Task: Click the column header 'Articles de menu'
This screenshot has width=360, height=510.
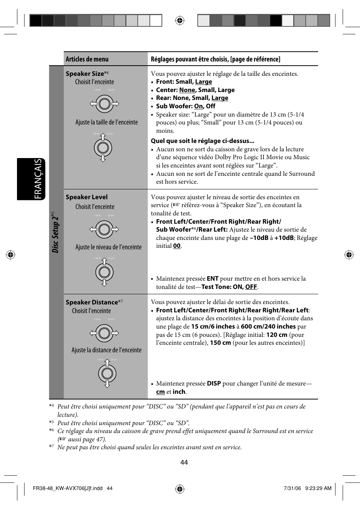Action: click(87, 59)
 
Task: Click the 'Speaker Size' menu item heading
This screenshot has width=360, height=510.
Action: click(85, 74)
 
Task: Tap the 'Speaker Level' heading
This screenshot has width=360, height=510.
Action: click(86, 197)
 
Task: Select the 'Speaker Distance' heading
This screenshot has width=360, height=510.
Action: click(92, 302)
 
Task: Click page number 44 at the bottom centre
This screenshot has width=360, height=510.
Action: click(184, 462)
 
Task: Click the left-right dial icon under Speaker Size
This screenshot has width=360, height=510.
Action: click(104, 104)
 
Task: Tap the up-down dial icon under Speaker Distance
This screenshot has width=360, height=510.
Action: click(107, 373)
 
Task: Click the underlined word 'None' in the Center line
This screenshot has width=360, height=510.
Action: click(187, 90)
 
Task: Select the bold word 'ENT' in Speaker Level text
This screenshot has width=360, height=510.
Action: click(212, 279)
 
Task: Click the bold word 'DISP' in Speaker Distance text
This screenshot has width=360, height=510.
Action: click(214, 384)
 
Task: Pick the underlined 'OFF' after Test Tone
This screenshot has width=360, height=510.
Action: click(251, 287)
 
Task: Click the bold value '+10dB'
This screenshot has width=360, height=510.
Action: click(284, 238)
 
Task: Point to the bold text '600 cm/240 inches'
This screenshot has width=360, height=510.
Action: click(268, 327)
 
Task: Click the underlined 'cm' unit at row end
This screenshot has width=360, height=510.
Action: click(160, 392)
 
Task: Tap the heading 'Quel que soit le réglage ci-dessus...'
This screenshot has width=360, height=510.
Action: click(202, 141)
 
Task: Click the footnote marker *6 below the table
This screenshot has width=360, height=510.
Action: click(51, 430)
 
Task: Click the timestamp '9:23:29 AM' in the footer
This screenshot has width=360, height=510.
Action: click(318, 488)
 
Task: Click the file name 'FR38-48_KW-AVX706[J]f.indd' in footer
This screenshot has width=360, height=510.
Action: click(68, 488)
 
